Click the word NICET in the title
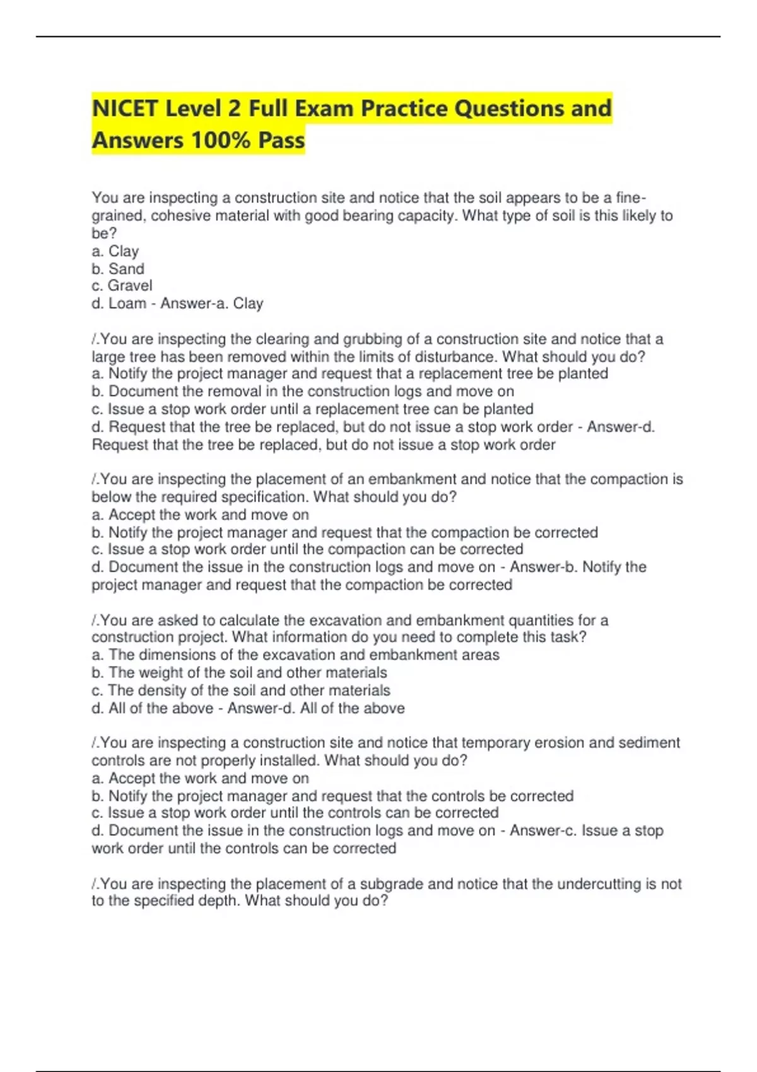[x=124, y=108]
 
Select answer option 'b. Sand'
[x=118, y=269]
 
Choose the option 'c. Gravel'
[x=122, y=286]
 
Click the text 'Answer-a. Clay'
[x=211, y=303]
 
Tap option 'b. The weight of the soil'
[x=239, y=672]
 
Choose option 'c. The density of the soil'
[x=241, y=690]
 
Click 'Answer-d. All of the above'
[x=315, y=708]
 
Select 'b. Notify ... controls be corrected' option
[x=332, y=796]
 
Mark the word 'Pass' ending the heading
[x=281, y=140]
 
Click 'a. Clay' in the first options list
[x=115, y=251]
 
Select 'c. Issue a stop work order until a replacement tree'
[x=312, y=409]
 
